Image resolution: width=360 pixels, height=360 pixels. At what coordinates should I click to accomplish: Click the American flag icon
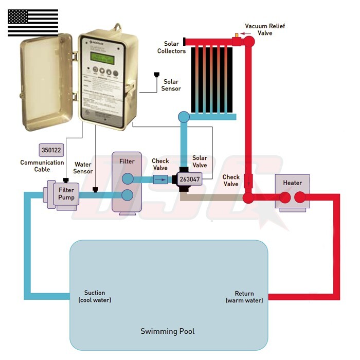tap(33, 23)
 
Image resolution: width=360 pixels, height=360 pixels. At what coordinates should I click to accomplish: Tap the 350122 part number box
tap(50, 151)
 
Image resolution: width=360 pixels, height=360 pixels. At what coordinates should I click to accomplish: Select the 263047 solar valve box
tap(189, 179)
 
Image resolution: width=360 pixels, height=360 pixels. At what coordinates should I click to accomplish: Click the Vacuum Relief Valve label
tap(265, 29)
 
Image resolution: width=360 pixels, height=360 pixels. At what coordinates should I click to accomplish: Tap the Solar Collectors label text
tap(172, 47)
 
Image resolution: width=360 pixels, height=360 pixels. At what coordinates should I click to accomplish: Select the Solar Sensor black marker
tap(157, 75)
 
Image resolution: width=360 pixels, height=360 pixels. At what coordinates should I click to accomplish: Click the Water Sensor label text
tap(83, 168)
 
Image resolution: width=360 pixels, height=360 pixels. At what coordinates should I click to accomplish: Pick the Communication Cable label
tap(42, 166)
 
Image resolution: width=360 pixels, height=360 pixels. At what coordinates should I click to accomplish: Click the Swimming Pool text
tap(168, 331)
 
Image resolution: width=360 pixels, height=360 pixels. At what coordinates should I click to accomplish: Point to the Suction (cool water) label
tap(95, 296)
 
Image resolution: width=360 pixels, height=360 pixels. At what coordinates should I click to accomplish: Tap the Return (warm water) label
tap(244, 297)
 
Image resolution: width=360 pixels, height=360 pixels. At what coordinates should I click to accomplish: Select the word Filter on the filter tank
tap(127, 161)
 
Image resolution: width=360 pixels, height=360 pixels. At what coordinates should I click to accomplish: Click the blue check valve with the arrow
tap(161, 179)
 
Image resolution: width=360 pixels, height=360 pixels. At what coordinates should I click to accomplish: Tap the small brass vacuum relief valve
tap(237, 35)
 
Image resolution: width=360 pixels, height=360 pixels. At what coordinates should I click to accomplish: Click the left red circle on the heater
tap(285, 197)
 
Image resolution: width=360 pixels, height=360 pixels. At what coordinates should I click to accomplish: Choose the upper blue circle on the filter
tap(127, 178)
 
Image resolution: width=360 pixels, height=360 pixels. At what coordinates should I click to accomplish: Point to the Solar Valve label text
tap(200, 161)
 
